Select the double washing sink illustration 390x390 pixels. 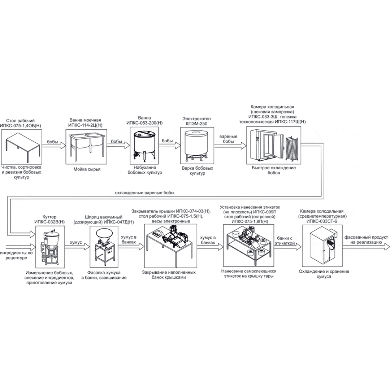tap(87, 144)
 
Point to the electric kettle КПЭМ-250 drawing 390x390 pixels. tap(195, 146)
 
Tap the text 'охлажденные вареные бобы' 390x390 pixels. tap(144, 193)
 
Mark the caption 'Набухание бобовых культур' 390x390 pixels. tap(145, 170)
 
